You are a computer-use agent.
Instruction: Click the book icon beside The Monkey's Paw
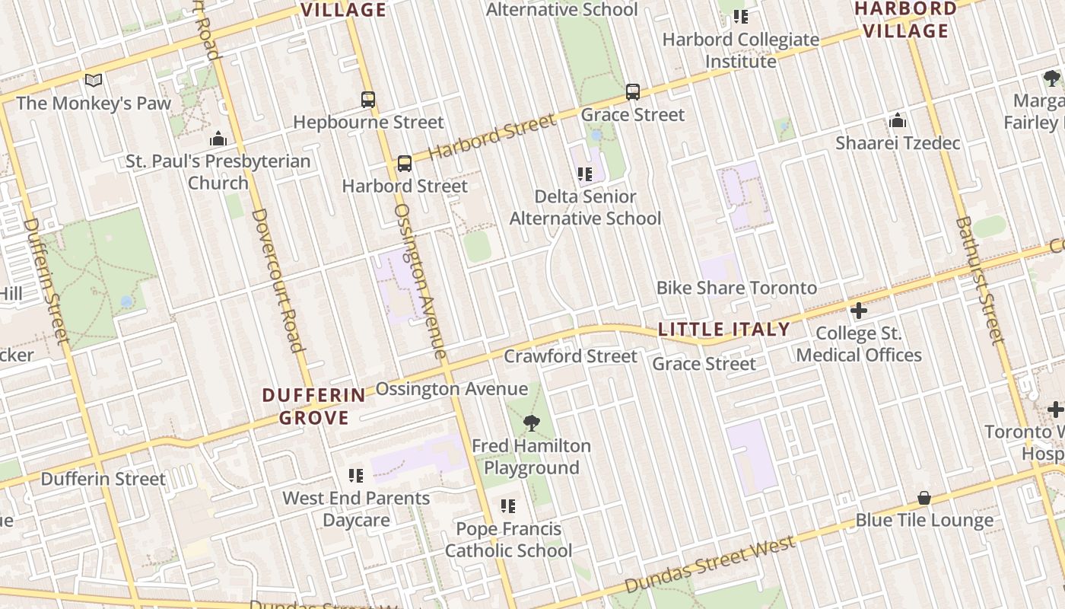coord(94,80)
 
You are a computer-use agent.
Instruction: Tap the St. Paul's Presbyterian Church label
coord(218,172)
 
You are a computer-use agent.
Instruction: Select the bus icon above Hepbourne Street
coord(368,99)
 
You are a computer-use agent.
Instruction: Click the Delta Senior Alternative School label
coord(585,207)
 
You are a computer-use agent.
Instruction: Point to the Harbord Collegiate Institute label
coord(740,49)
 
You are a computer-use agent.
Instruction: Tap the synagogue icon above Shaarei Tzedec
coord(898,121)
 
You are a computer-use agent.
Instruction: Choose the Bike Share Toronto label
coord(736,288)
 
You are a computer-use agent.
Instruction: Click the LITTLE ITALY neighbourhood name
coord(723,330)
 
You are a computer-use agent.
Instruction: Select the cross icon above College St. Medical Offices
coord(859,311)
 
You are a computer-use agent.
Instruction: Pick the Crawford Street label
coord(571,356)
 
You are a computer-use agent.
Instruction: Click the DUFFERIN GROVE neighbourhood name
coord(314,407)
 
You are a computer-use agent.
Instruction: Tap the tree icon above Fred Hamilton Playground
coord(531,423)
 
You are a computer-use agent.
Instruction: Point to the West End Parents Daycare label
coord(356,509)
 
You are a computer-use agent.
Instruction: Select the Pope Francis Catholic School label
coord(508,539)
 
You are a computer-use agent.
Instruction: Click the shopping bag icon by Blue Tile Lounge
coord(924,498)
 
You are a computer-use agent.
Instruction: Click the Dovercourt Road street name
coord(278,280)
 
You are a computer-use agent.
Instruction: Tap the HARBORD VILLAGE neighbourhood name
coord(904,20)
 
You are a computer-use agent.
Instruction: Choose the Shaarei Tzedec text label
coord(898,143)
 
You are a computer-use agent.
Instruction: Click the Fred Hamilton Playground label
coord(531,456)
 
